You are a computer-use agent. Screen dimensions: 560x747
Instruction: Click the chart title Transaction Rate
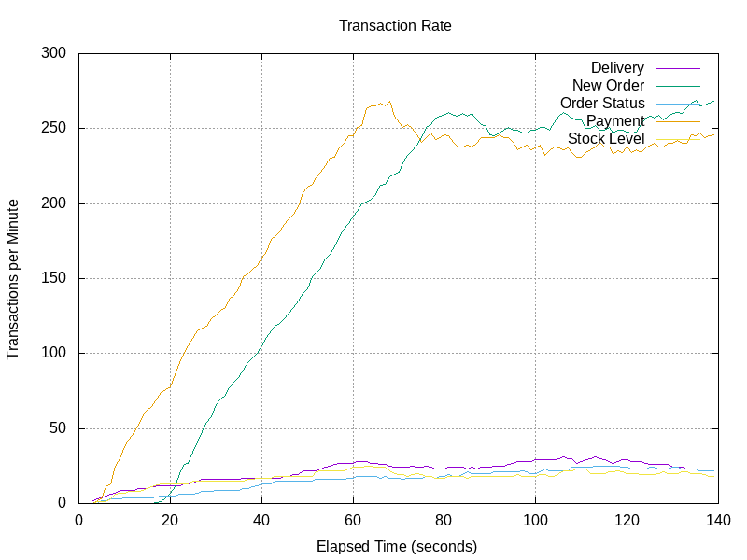click(395, 26)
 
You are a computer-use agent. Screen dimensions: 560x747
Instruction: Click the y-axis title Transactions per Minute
click(14, 278)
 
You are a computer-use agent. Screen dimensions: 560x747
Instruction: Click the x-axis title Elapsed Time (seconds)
click(397, 546)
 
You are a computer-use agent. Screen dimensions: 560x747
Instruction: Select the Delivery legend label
click(617, 68)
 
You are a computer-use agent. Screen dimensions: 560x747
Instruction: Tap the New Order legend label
click(608, 86)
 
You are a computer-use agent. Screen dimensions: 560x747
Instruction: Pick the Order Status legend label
click(602, 104)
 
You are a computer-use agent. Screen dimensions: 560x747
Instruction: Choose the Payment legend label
click(615, 121)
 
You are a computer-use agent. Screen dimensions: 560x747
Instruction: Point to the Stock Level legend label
click(606, 139)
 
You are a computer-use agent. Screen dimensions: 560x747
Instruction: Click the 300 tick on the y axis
click(54, 53)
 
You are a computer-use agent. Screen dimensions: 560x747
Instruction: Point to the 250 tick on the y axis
click(54, 128)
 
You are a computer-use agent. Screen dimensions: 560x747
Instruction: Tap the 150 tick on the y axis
click(54, 278)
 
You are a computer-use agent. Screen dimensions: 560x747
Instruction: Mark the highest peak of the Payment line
click(389, 102)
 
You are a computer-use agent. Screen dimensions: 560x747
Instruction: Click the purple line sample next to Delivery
click(677, 68)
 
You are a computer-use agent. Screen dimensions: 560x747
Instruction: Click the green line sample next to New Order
click(677, 86)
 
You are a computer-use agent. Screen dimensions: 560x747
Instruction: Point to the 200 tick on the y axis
click(54, 203)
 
